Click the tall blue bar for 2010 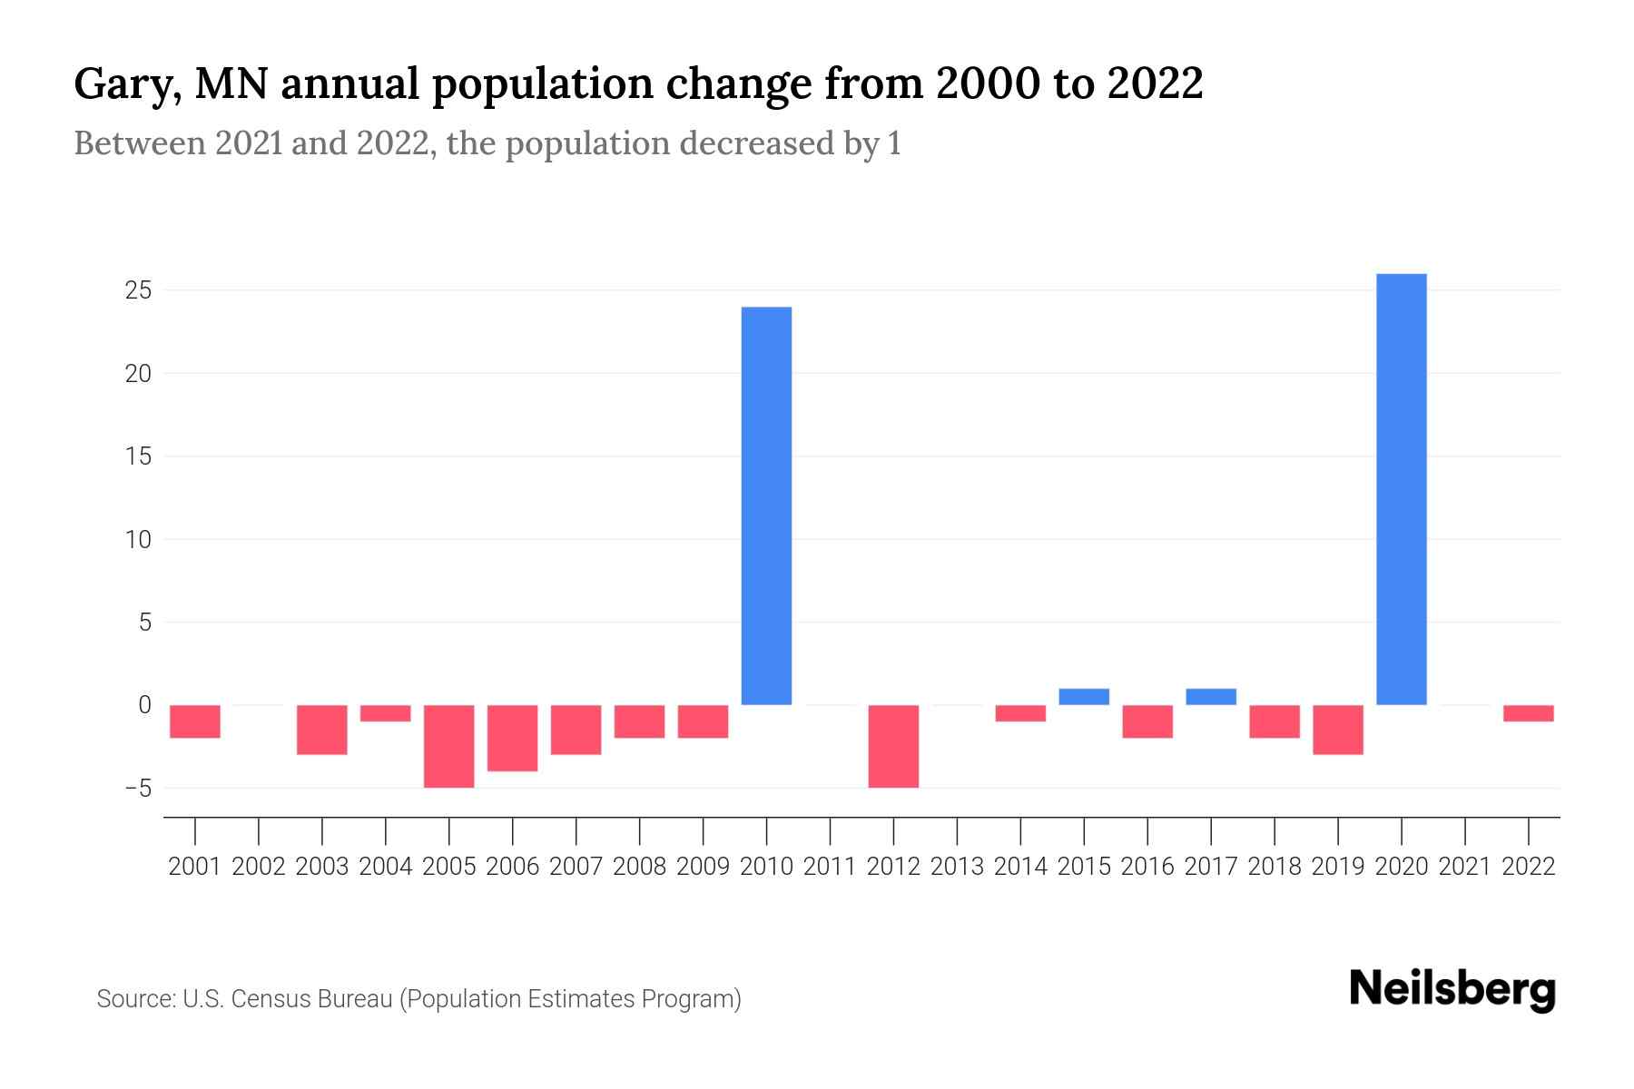coord(766,505)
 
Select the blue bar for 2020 coord(1401,489)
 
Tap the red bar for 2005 coord(448,746)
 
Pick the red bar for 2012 coord(893,746)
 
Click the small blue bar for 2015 coord(1084,696)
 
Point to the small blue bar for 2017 coord(1211,696)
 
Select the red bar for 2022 coord(1529,713)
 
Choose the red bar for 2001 coord(195,721)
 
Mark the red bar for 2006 coord(512,738)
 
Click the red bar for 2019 coord(1338,730)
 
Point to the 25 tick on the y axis coord(138,290)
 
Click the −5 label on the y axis coord(138,788)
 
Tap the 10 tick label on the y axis coord(138,539)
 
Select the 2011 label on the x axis coord(830,867)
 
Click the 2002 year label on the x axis coord(259,867)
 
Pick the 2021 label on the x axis coord(1464,867)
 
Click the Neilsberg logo coord(1452,989)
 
